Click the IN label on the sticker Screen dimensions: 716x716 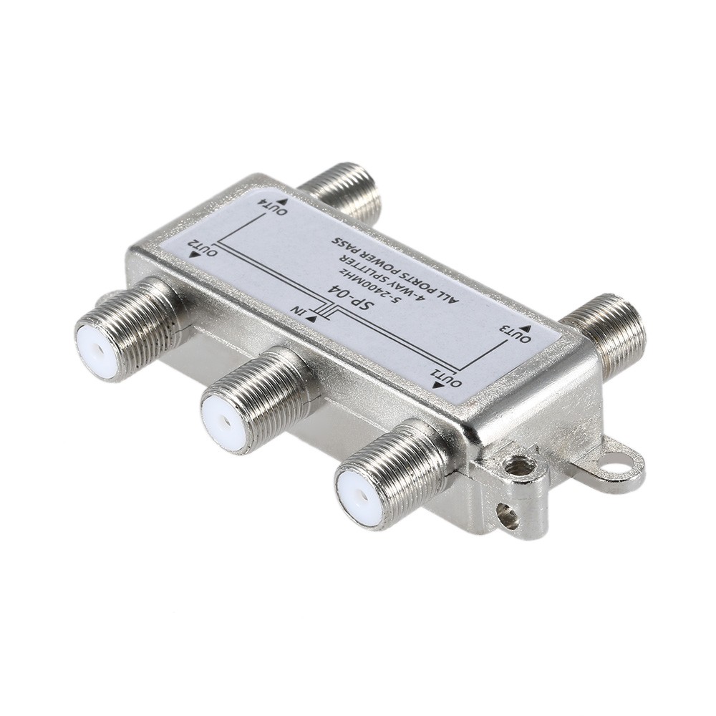click(x=299, y=311)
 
